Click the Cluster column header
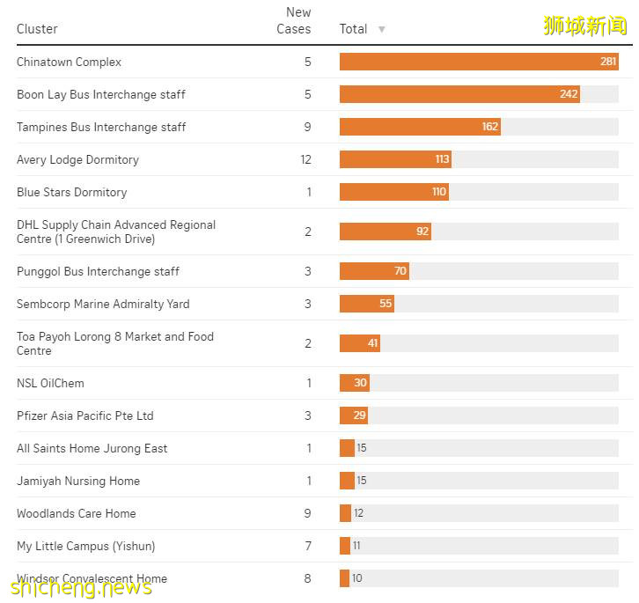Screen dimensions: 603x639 (x=37, y=29)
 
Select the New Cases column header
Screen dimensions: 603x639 (x=294, y=20)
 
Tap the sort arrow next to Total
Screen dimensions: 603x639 (x=381, y=29)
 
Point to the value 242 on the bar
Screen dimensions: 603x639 (x=569, y=94)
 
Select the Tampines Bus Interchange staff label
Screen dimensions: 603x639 (x=101, y=127)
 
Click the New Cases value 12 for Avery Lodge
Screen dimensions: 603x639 (x=305, y=159)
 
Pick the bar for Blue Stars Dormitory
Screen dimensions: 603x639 (x=393, y=192)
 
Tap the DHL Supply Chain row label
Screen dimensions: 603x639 (x=115, y=232)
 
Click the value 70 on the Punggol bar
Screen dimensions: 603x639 (x=400, y=271)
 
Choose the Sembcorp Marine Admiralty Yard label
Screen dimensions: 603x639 (x=103, y=304)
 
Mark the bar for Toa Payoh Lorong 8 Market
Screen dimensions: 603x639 (x=359, y=343)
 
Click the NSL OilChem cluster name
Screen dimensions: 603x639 (x=50, y=383)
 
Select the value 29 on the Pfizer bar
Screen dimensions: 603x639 (x=359, y=415)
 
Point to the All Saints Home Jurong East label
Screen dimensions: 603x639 (x=92, y=448)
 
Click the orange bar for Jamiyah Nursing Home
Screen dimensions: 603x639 (x=347, y=481)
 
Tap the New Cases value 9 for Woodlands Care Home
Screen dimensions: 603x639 (x=307, y=513)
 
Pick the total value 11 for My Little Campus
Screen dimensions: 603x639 (x=356, y=546)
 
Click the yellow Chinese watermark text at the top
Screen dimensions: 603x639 (x=585, y=25)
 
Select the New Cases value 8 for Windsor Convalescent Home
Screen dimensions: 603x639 (x=307, y=578)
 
